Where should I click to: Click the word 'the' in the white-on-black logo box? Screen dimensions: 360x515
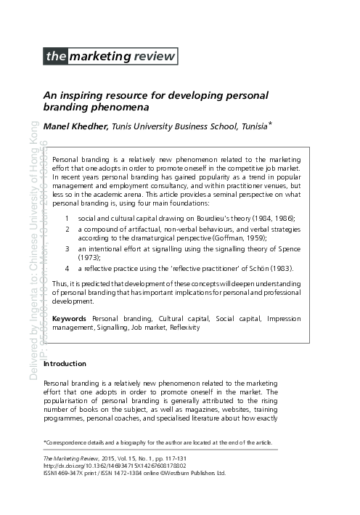click(x=54, y=55)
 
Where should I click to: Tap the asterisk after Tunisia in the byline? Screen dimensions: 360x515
click(x=269, y=125)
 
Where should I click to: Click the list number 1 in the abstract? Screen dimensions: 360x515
click(x=67, y=218)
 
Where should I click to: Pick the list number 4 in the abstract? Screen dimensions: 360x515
click(x=67, y=269)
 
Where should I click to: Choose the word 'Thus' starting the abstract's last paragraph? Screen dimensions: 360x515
click(x=62, y=283)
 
